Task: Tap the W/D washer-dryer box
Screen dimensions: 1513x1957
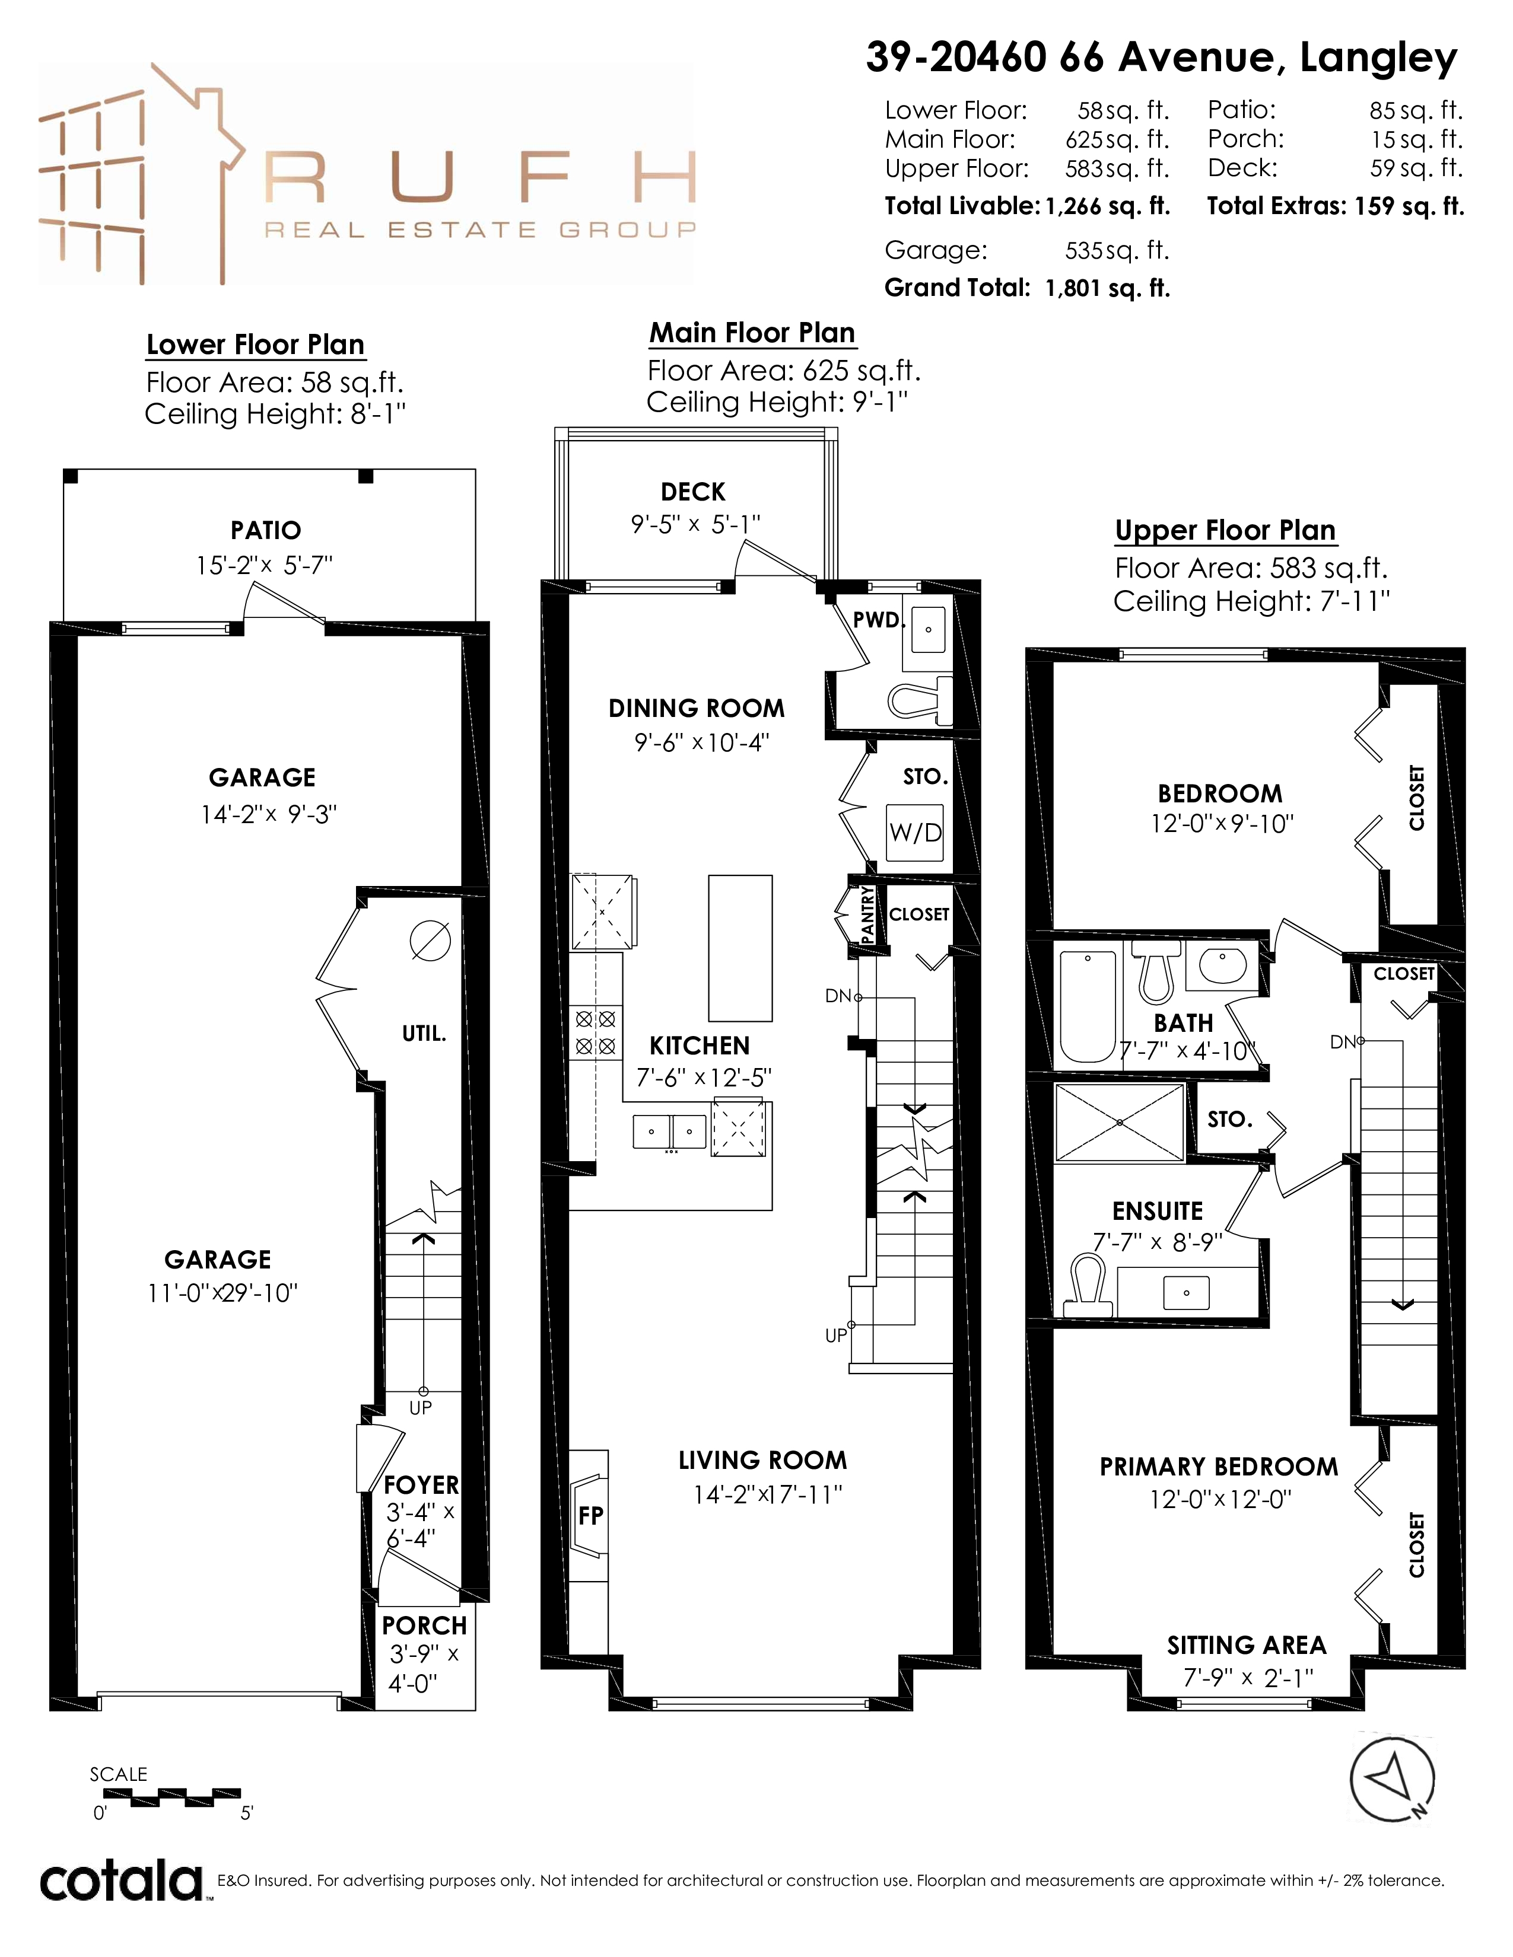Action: click(915, 833)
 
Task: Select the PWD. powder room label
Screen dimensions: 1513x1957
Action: click(878, 619)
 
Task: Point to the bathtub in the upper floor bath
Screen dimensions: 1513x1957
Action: click(1087, 1005)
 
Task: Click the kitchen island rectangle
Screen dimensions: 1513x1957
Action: click(740, 948)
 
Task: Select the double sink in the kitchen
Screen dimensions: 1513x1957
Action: click(669, 1132)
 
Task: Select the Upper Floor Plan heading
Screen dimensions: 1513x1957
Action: click(1225, 531)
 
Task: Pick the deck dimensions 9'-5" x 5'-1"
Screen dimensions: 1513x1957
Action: click(695, 524)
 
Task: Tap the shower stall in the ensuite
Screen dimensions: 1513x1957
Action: click(1120, 1123)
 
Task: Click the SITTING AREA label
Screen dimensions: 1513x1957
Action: click(1246, 1645)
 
